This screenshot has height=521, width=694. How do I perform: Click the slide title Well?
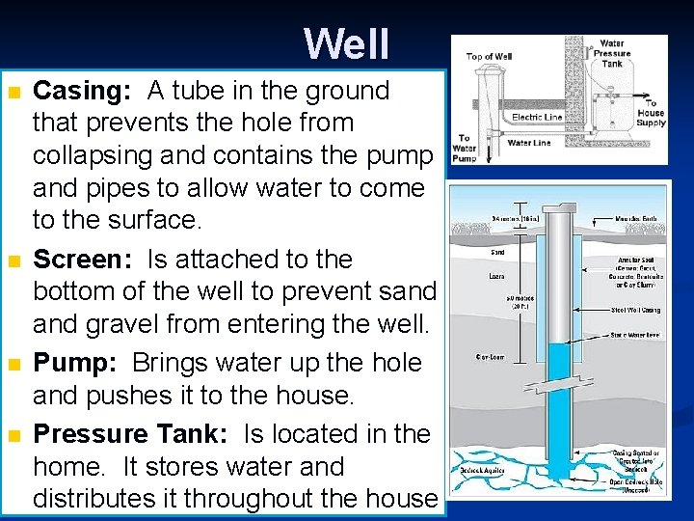[x=347, y=43]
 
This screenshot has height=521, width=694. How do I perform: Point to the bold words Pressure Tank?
[x=130, y=434]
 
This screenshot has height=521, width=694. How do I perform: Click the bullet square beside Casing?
[x=13, y=93]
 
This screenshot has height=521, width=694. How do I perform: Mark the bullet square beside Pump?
[x=13, y=365]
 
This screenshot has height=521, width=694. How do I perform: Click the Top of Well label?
[x=489, y=57]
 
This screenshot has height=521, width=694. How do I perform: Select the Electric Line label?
[x=538, y=118]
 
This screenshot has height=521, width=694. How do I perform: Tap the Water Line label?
[x=528, y=143]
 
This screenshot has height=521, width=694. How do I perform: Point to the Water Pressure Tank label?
[x=611, y=53]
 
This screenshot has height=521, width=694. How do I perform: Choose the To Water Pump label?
[x=465, y=149]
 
